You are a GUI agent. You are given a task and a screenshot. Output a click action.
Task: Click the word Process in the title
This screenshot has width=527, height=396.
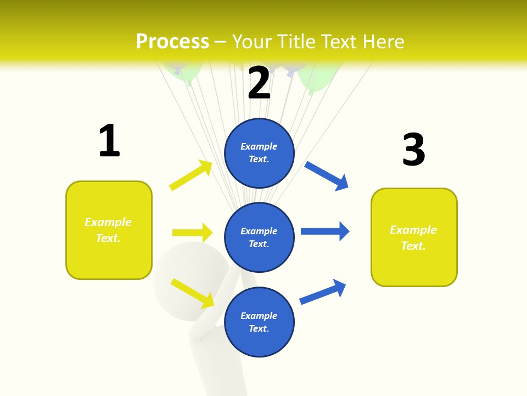click(x=172, y=42)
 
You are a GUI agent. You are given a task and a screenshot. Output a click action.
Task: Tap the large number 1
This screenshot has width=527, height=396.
click(x=109, y=141)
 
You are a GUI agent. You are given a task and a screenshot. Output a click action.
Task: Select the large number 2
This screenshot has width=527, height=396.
click(x=259, y=83)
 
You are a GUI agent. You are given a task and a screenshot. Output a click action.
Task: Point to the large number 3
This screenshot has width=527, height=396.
click(x=413, y=150)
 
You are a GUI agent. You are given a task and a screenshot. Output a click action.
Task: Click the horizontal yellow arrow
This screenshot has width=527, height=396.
click(x=193, y=233)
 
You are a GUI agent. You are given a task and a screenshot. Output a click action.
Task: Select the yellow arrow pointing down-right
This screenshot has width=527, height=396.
click(x=193, y=293)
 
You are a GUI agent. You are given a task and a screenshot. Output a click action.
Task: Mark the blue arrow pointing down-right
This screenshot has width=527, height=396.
click(x=327, y=176)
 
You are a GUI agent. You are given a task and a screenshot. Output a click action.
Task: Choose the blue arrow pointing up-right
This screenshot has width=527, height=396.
click(x=323, y=291)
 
